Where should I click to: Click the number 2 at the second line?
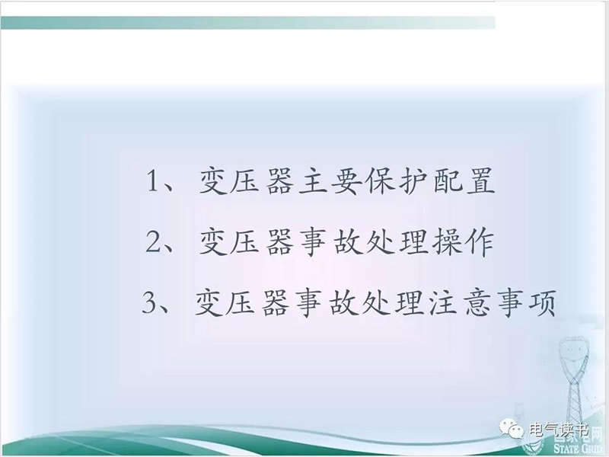click(153, 241)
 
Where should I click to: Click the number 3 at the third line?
click(148, 302)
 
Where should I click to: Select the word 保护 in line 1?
click(397, 181)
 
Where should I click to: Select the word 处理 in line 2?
click(397, 241)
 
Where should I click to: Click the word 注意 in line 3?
click(458, 302)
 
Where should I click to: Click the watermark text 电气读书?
click(559, 430)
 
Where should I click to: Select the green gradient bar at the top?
click(248, 23)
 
